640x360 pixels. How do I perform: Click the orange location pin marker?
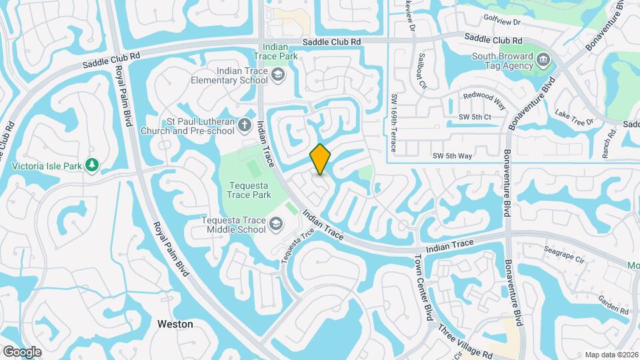click(x=321, y=159)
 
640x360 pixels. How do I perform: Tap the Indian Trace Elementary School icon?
click(x=276, y=76)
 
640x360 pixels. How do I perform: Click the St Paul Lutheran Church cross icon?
click(x=245, y=125)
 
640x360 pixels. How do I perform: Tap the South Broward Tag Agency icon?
click(x=543, y=61)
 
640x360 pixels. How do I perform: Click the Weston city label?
click(x=175, y=324)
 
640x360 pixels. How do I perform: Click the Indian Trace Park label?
click(x=280, y=52)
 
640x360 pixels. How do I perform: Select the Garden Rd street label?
click(x=613, y=305)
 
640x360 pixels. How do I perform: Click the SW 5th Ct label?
click(x=475, y=117)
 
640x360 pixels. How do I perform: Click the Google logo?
click(x=22, y=351)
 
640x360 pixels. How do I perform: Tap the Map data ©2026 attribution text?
click(x=611, y=355)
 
